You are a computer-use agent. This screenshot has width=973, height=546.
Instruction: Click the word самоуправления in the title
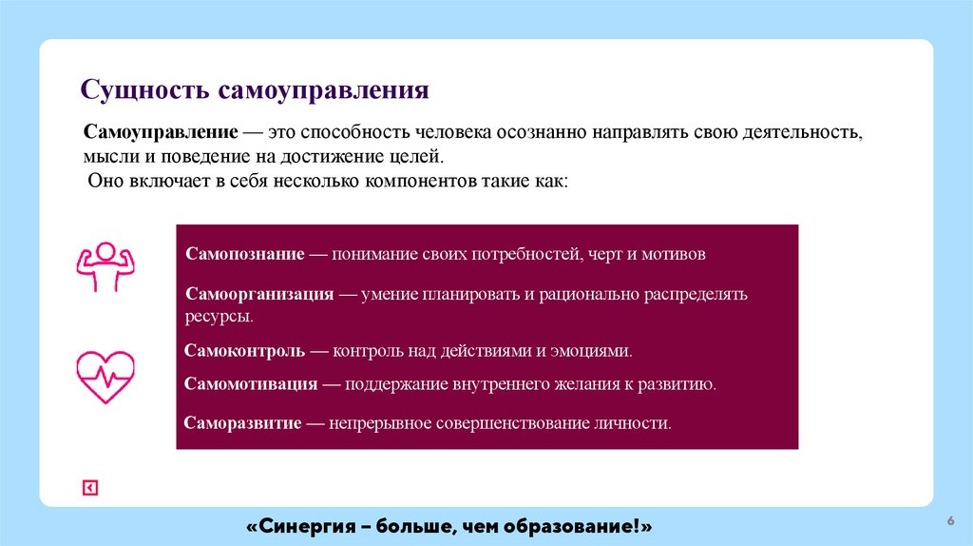tap(325, 92)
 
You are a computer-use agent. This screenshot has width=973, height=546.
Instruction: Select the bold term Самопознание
tap(245, 255)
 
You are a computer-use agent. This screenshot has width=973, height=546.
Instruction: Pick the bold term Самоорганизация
tap(259, 295)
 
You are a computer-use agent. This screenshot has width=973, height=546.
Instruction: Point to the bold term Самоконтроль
tap(244, 351)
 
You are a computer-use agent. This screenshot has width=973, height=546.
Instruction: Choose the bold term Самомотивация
tap(251, 384)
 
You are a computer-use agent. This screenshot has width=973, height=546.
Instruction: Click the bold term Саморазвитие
tap(243, 422)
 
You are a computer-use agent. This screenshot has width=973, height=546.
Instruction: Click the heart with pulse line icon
tap(105, 377)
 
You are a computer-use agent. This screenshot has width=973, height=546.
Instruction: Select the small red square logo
tap(89, 488)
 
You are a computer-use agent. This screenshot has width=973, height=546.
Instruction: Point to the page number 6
tap(949, 520)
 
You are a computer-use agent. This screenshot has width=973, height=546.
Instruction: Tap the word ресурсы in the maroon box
tap(219, 315)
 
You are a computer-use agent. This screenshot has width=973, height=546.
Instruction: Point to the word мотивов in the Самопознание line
tap(674, 255)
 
